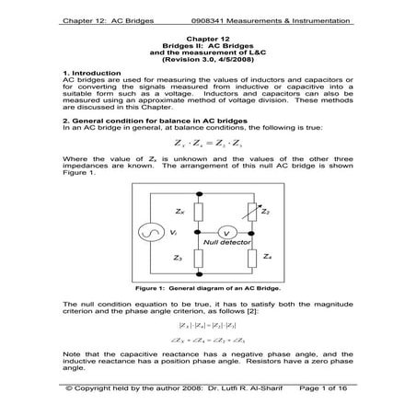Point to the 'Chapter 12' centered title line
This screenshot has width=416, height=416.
tap(207, 34)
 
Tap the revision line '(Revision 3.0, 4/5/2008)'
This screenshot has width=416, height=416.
tap(208, 58)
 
